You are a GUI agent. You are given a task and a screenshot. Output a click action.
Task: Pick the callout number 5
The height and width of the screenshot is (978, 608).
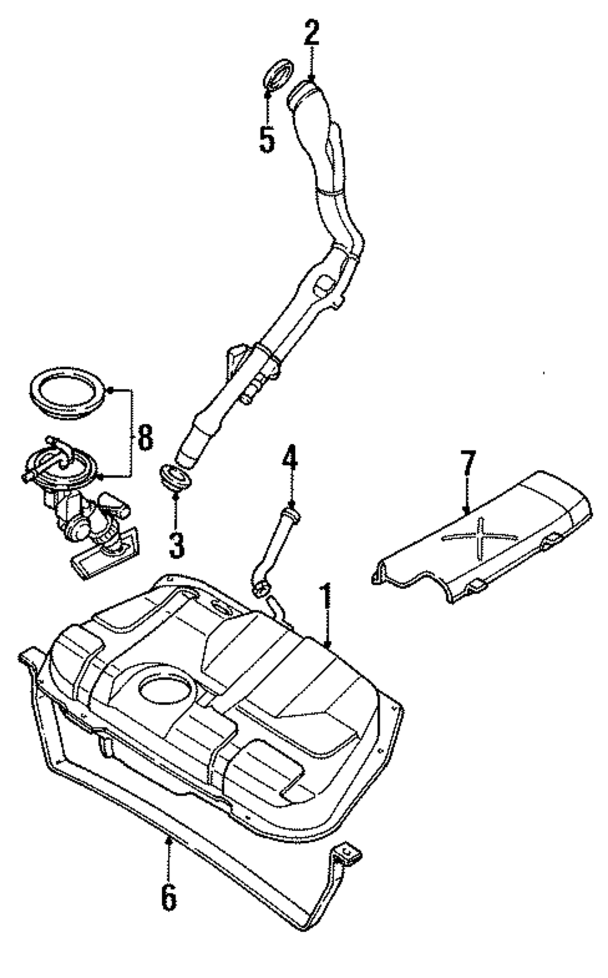tap(267, 139)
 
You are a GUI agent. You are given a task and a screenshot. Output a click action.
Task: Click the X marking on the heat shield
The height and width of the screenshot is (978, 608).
tap(480, 534)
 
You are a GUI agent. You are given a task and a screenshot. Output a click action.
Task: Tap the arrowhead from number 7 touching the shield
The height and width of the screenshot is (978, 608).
tap(467, 511)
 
